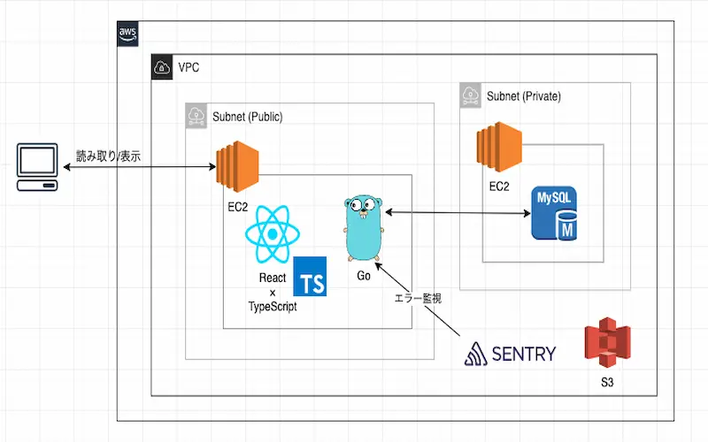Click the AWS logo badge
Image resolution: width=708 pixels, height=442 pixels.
pos(128,34)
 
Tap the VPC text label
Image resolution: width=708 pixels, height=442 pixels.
pos(189,67)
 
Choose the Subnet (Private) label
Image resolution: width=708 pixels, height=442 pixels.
pos(523,95)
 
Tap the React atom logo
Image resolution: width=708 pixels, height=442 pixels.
pos(273,234)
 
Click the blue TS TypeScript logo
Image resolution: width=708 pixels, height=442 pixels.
pos(309,276)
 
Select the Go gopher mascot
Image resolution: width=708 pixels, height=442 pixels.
pos(364,227)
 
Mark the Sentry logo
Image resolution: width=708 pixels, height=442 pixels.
pos(511,354)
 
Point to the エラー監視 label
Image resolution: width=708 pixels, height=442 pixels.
pos(417,298)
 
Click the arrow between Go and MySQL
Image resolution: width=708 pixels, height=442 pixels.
pos(456,212)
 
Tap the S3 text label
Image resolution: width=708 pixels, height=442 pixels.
pos(606,384)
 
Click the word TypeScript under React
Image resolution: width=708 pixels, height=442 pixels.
pos(273,306)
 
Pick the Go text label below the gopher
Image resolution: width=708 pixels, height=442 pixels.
pos(364,276)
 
